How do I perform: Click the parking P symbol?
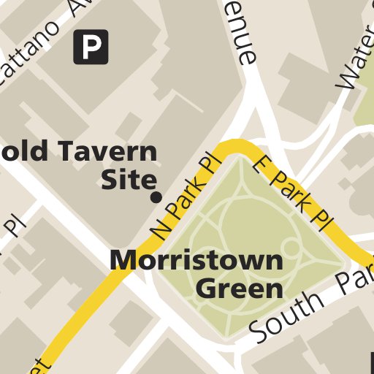point(91,47)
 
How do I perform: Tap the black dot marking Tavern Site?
point(156,197)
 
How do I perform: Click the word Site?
point(129,179)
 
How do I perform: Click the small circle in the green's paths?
point(290,247)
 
